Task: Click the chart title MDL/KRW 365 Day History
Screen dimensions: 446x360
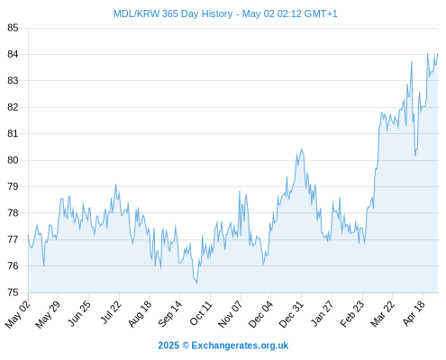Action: [173, 13]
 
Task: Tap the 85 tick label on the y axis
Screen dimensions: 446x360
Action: [13, 28]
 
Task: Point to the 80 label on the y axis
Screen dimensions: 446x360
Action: [13, 160]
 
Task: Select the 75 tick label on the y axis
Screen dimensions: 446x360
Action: [13, 292]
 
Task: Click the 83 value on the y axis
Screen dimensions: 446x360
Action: [13, 81]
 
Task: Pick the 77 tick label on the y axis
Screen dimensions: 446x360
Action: [13, 239]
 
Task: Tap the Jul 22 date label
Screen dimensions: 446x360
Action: [111, 312]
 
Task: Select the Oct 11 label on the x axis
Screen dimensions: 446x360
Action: [201, 313]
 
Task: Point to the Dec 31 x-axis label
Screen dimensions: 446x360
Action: [291, 314]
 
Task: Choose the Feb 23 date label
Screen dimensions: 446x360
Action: [352, 314]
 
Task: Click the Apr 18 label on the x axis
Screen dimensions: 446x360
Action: [414, 313]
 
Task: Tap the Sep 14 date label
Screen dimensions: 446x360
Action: [169, 314]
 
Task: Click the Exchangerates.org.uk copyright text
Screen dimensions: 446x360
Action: [223, 346]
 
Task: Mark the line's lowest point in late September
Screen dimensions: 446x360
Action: [196, 283]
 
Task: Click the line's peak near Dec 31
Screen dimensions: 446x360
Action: [301, 148]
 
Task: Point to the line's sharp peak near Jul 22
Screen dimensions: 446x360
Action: [115, 184]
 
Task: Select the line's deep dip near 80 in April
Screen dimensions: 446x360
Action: [415, 156]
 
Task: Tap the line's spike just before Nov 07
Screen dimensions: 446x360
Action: [240, 191]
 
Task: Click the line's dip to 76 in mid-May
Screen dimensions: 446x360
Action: [44, 265]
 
